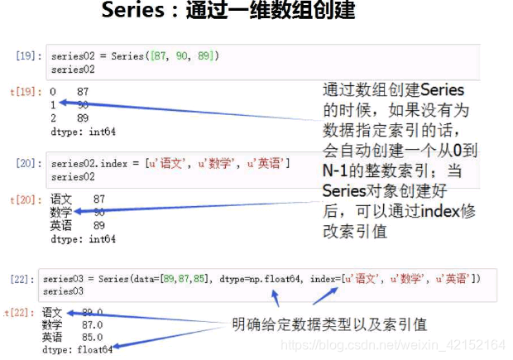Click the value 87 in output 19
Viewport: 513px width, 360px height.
(82, 92)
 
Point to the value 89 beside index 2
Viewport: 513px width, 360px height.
(82, 118)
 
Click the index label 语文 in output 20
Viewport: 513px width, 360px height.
(61, 199)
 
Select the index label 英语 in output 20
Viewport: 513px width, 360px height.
(61, 225)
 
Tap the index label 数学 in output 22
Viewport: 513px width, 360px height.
(52, 325)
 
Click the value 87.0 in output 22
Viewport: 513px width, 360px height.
(91, 325)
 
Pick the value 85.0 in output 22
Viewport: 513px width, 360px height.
(91, 338)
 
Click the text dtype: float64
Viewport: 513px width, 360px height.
(76, 350)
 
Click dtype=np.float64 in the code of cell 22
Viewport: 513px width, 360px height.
(261, 279)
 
